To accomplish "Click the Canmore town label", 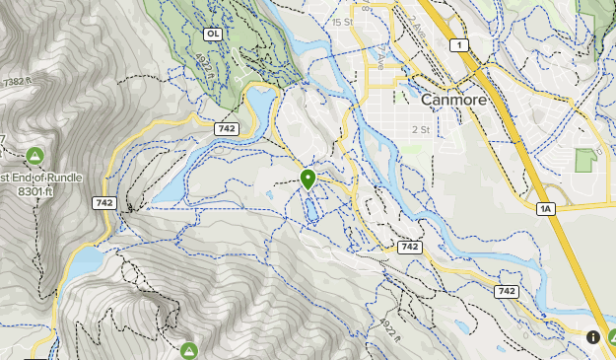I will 455,100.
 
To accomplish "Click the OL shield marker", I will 212,34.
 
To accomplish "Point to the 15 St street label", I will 342,22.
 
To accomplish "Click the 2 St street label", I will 420,129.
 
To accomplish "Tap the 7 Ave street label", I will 380,58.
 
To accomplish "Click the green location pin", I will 308,179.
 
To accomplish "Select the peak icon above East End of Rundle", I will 34,155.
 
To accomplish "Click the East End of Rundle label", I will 39,178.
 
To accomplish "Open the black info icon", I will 593,336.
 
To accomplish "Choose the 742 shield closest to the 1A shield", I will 507,291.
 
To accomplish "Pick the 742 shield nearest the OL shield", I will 226,128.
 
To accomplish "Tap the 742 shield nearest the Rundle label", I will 104,203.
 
